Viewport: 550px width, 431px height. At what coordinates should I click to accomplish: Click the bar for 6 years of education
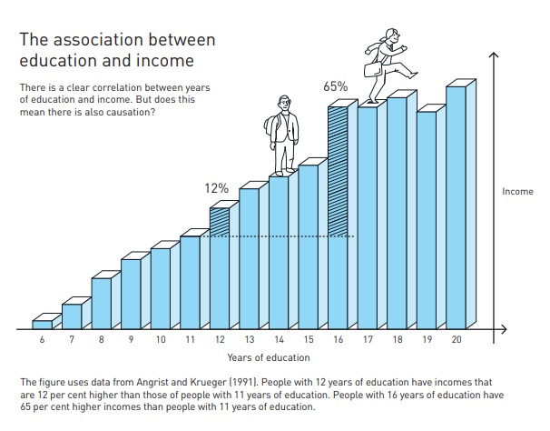tap(42, 324)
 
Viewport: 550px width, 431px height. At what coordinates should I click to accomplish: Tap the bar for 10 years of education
tap(161, 287)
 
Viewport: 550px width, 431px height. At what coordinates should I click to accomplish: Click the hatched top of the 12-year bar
tap(219, 221)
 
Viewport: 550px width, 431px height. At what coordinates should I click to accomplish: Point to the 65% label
tap(336, 87)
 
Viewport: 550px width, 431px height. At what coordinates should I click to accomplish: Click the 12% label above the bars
tap(216, 188)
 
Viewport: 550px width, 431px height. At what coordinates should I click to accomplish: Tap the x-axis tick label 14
tap(279, 339)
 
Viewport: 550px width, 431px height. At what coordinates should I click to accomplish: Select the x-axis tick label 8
tap(102, 339)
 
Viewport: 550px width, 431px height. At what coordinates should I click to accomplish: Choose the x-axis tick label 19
tap(427, 339)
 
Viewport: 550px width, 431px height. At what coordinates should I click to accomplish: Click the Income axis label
tap(517, 192)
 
